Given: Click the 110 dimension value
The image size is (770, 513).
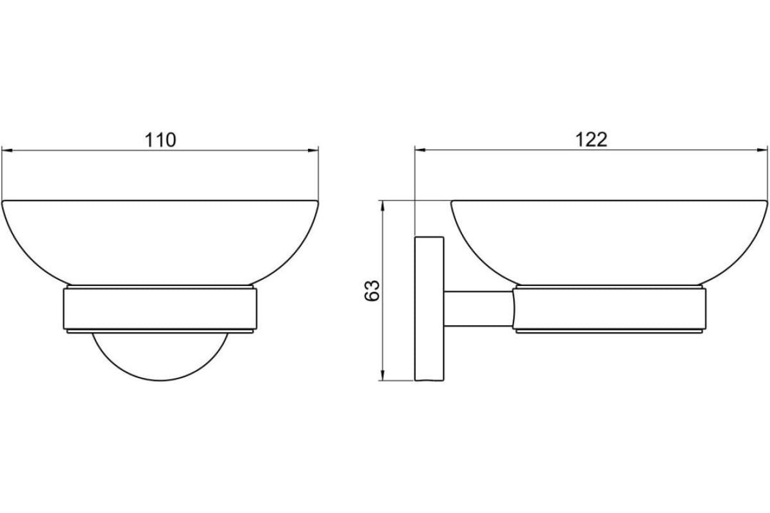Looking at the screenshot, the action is [x=160, y=140].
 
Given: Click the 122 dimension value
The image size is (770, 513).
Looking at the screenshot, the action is [x=591, y=140].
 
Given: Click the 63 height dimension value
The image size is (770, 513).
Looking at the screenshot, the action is [x=372, y=290].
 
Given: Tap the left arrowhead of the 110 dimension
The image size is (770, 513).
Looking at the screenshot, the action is [x=7, y=150].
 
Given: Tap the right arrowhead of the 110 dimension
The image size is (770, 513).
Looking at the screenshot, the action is [x=313, y=150].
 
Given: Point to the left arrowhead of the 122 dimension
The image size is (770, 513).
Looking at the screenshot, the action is [x=420, y=150].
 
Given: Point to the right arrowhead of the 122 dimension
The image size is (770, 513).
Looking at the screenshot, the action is [x=762, y=150].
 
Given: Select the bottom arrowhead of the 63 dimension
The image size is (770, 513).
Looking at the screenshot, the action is [x=382, y=375].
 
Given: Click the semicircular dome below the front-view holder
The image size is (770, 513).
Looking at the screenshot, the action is [x=160, y=380].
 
